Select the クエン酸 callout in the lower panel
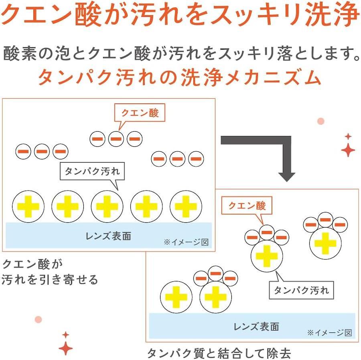click(247, 206)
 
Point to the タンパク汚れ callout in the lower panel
click(301, 290)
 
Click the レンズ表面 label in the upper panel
click(108, 236)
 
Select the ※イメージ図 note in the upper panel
click(186, 242)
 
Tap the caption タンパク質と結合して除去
click(219, 353)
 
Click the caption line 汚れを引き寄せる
click(50, 280)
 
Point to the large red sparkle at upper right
click(348, 150)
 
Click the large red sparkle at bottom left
click(65, 348)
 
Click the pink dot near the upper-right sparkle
click(320, 121)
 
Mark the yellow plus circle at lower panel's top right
click(325, 243)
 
